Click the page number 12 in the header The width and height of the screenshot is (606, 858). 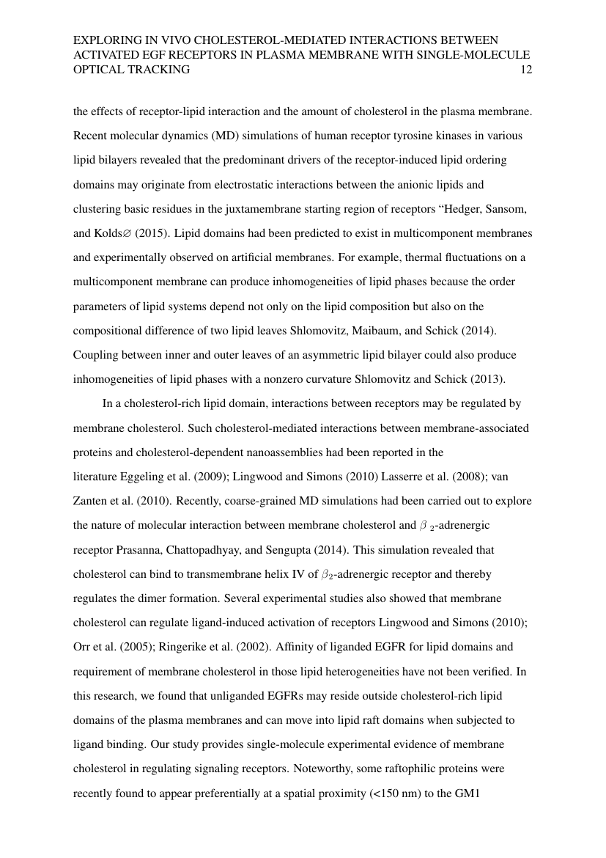pyautogui.click(x=525, y=70)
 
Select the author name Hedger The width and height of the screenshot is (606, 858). pyautogui.click(x=457, y=209)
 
